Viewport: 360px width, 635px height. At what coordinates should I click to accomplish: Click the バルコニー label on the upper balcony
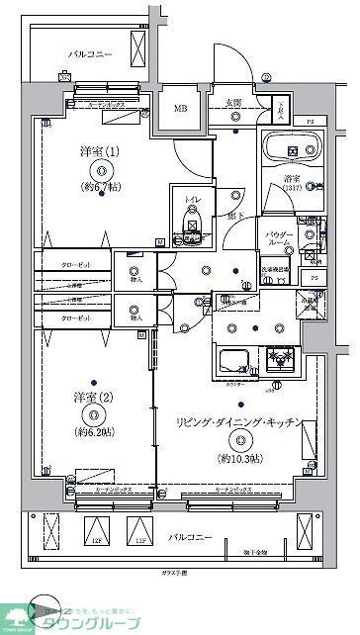pos(91,55)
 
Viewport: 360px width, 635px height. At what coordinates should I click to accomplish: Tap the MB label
pos(181,110)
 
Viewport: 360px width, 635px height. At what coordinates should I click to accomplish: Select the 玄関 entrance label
pos(233,103)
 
